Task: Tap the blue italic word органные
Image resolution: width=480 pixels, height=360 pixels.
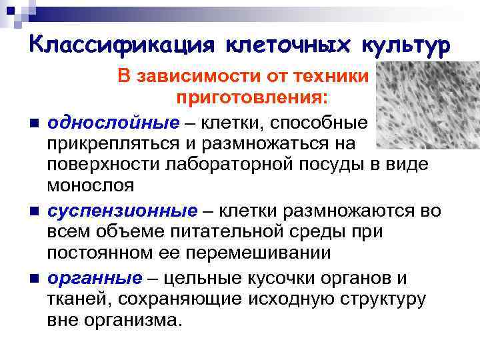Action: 95,278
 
